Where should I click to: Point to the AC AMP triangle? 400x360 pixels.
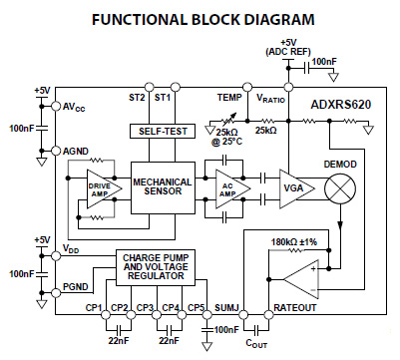point(228,186)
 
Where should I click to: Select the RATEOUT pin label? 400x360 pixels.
point(295,308)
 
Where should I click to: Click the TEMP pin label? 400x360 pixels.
point(229,97)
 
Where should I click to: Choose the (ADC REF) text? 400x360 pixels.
point(288,50)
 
